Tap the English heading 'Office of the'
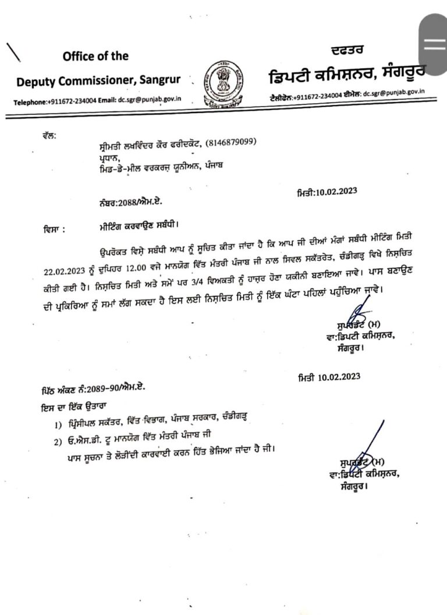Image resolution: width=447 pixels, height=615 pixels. click(x=95, y=56)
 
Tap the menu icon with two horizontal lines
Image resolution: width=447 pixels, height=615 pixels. click(x=434, y=45)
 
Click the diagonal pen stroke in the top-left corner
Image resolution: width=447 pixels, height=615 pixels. click(x=13, y=51)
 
